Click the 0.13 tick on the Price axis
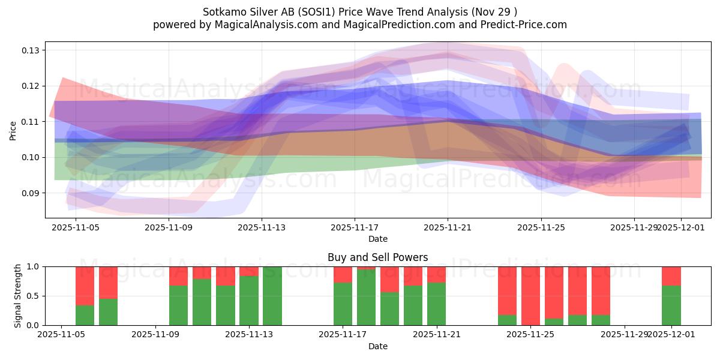(30, 50)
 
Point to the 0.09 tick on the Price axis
(30, 193)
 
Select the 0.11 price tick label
(30, 122)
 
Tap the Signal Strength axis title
(18, 295)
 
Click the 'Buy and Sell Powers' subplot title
(377, 257)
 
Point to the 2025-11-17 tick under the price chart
(354, 228)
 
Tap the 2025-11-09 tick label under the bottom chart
(156, 335)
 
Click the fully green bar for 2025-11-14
(272, 296)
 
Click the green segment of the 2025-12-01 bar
(671, 306)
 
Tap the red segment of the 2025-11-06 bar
(85, 286)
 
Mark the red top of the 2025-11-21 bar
(436, 274)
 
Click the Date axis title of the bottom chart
(377, 346)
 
